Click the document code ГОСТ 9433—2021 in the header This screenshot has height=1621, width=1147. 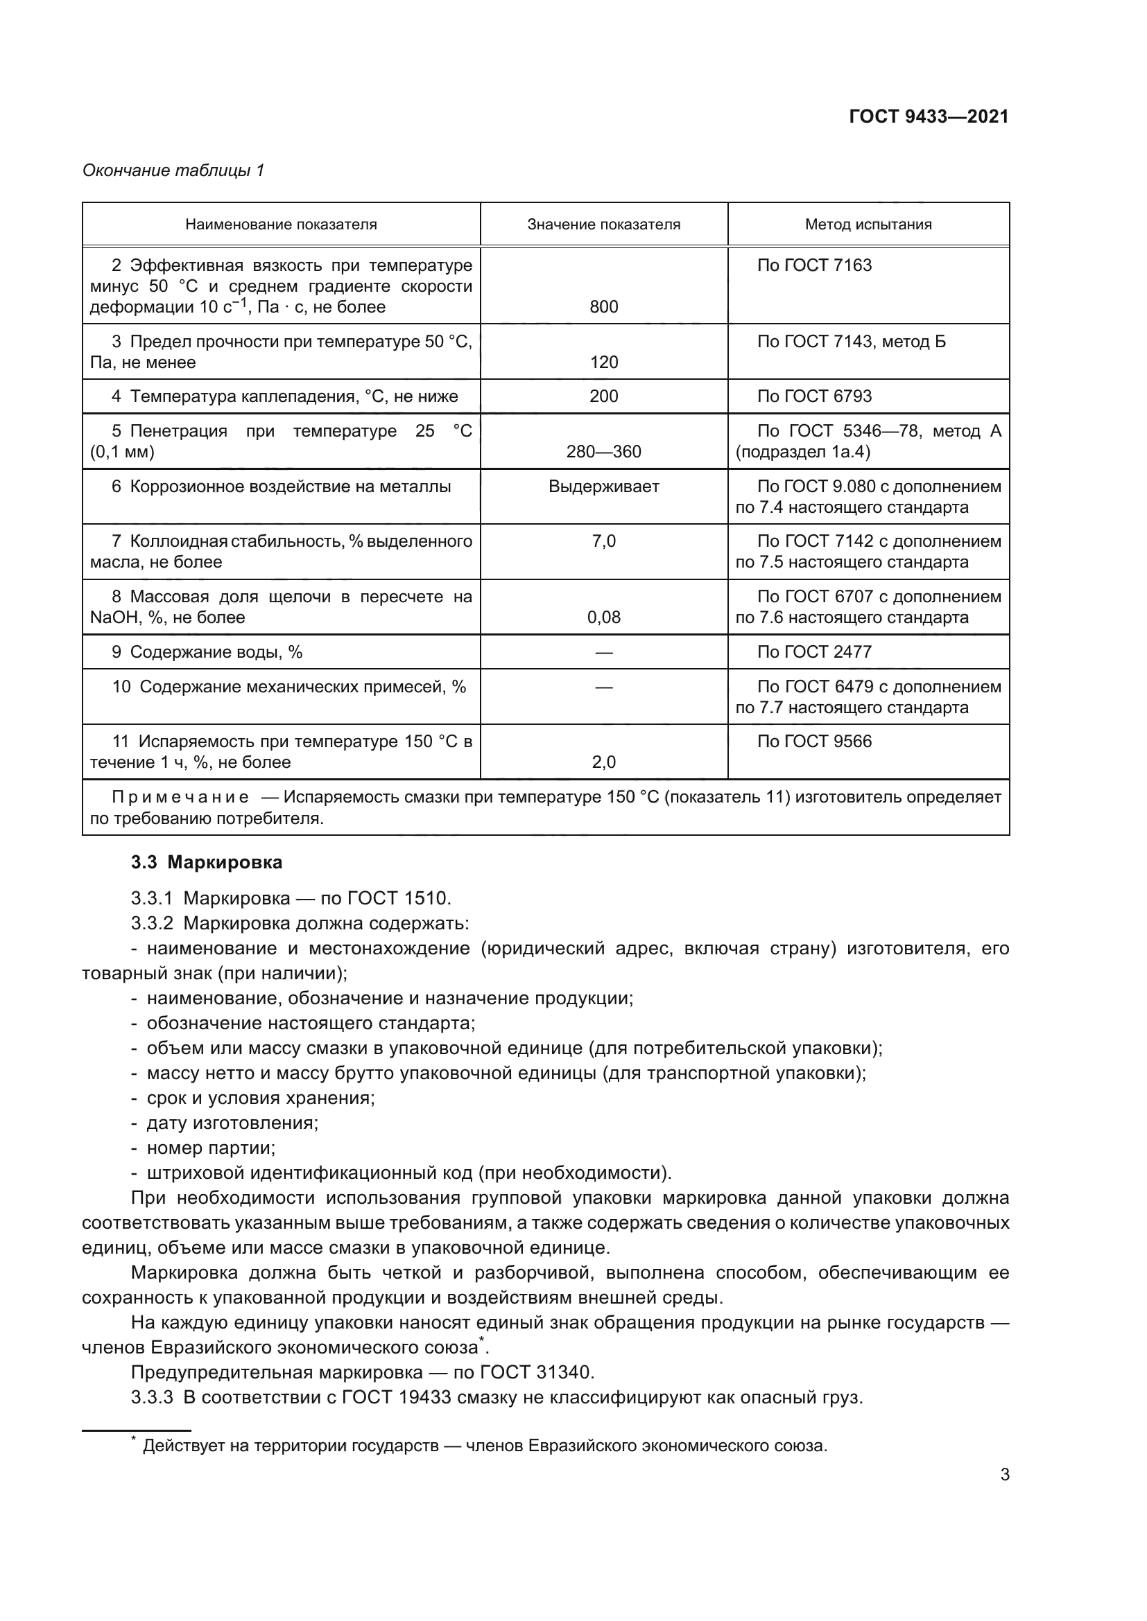(928, 116)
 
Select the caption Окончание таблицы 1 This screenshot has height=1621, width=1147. (173, 170)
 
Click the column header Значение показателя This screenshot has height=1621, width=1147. (603, 225)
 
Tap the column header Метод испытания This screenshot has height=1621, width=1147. (868, 225)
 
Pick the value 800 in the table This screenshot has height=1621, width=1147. (603, 306)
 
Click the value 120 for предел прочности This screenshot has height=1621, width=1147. (603, 362)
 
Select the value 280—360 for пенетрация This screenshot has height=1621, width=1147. (603, 451)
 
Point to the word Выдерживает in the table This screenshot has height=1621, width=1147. (603, 487)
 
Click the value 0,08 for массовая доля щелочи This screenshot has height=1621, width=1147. (603, 617)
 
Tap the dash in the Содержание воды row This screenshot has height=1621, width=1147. (603, 652)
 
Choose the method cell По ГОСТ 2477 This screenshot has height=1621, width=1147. (813, 651)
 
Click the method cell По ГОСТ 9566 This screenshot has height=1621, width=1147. (813, 742)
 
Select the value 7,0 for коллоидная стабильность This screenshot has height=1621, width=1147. (603, 541)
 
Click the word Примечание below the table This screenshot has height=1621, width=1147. (180, 797)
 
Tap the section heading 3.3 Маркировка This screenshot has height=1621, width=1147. (206, 862)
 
